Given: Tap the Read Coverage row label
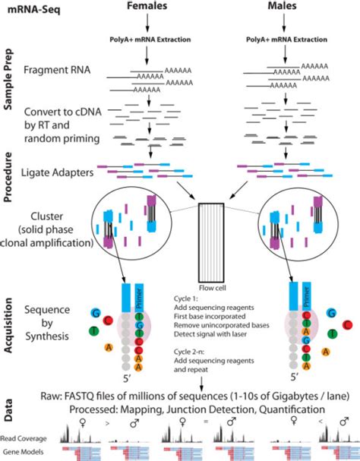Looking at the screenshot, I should coord(23,438).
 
